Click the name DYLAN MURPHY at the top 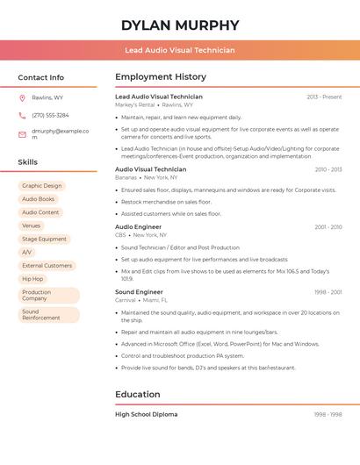pos(179,25)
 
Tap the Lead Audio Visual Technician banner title pos(179,50)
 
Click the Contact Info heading pos(40,77)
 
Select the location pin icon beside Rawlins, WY pos(22,98)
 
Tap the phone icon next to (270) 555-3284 pos(22,116)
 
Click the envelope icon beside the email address pos(22,134)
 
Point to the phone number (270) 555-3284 pos(50,116)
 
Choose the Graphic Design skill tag pos(41,186)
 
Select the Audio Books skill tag pos(38,199)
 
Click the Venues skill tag pos(31,225)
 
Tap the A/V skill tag pos(26,252)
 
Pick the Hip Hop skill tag pos(32,279)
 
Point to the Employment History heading pos(161,77)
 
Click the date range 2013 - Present pos(324,97)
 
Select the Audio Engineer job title pos(138,227)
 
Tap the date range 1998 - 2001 pos(328,292)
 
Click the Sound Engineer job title pos(139,292)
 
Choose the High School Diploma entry pos(146,414)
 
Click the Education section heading pos(138,395)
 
